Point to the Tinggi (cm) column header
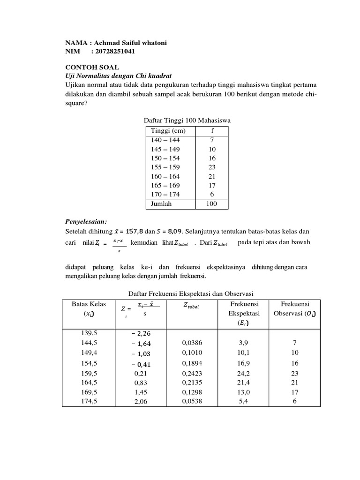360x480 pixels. click(165, 130)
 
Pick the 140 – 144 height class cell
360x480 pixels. click(165, 140)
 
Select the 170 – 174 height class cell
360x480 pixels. click(165, 194)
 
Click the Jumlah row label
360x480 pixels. click(161, 204)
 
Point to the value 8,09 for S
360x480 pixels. click(175, 231)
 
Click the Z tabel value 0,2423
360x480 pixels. click(192, 373)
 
